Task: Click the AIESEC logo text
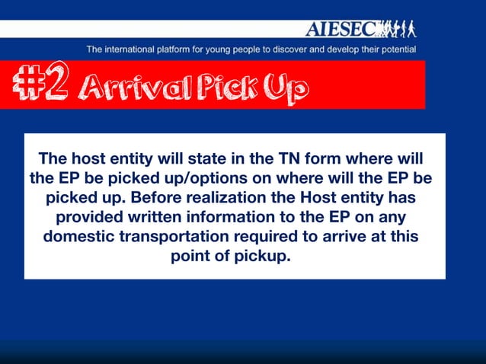coord(341,30)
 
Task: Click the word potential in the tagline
coord(395,49)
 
